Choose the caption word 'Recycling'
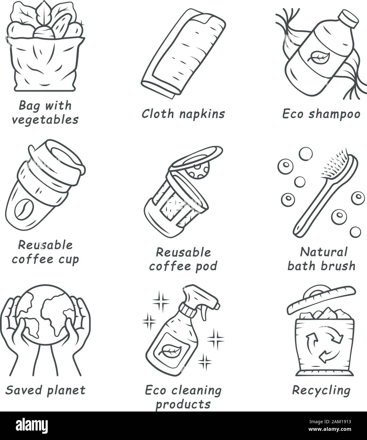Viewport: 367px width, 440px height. tap(321, 391)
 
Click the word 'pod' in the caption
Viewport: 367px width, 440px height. tap(205, 266)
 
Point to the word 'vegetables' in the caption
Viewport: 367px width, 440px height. tap(44, 120)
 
